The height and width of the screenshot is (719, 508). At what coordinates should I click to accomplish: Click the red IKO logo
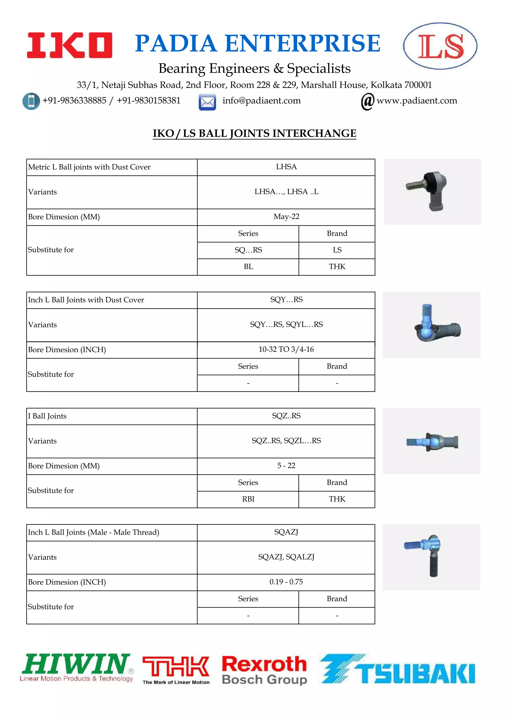(69, 45)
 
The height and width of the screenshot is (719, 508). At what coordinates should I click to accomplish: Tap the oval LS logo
(440, 46)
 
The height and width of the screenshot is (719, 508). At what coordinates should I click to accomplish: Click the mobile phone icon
(31, 101)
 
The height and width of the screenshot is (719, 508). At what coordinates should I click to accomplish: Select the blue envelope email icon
(207, 102)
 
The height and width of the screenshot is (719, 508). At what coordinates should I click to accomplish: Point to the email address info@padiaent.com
(261, 101)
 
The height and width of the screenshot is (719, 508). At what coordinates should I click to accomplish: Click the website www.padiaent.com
(417, 101)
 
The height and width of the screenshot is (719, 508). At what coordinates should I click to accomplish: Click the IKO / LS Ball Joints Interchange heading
(254, 133)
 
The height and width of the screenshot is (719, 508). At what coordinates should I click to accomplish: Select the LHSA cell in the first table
(286, 167)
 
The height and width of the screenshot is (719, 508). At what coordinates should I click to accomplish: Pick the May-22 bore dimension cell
(286, 217)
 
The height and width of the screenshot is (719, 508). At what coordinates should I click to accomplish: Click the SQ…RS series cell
(248, 250)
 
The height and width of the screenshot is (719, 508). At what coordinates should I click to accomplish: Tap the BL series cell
(248, 267)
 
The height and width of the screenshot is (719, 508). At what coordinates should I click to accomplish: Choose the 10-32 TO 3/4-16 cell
(286, 350)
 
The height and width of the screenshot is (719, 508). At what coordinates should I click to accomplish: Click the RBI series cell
(248, 499)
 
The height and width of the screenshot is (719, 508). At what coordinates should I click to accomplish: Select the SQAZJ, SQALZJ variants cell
(286, 557)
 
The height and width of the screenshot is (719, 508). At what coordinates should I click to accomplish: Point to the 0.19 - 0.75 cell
(286, 582)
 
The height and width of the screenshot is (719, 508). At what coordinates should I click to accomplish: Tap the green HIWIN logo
(77, 668)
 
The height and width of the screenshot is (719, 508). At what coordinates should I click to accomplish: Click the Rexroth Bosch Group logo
(264, 670)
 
